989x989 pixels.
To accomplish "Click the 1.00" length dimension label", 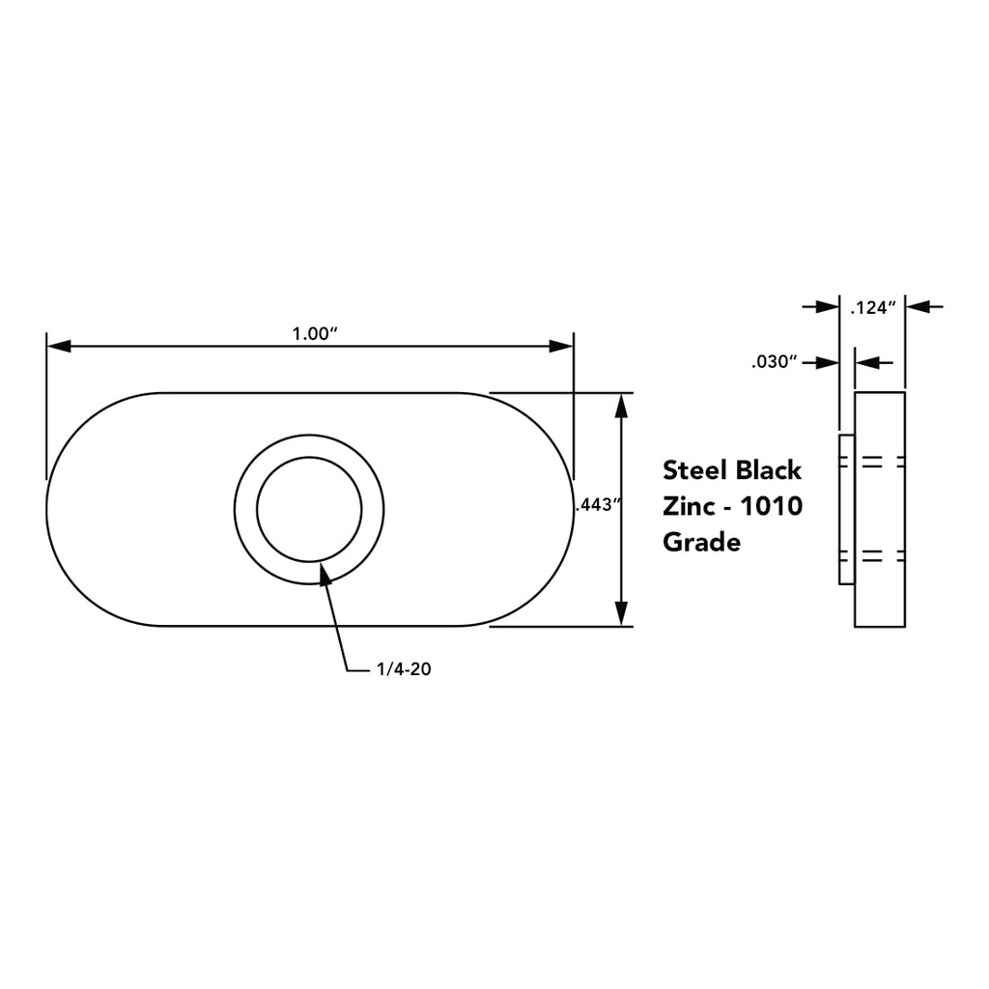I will [314, 333].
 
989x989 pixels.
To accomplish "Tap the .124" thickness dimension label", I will [873, 308].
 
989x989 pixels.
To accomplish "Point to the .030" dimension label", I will [775, 363].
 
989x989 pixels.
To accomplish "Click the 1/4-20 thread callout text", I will [403, 669].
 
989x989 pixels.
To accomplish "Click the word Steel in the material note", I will [694, 471].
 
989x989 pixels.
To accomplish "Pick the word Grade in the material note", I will [701, 542].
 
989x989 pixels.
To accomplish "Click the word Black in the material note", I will [769, 471].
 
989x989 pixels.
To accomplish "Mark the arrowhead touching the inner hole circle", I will [325, 574].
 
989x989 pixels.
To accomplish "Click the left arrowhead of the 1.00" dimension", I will [59, 346].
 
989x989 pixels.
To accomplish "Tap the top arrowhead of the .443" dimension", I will [621, 404].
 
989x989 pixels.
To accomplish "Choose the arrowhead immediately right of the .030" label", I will [827, 363].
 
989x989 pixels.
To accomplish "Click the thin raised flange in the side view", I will [846, 510].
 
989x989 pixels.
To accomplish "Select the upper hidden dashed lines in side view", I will [872, 462].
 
